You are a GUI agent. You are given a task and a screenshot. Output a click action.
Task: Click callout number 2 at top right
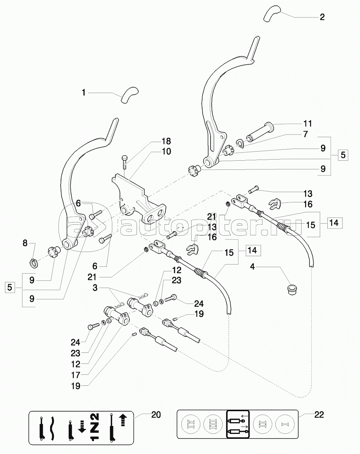click(322, 17)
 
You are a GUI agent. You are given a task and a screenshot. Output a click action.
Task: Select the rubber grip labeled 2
click(272, 13)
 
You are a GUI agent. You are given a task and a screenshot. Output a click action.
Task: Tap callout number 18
click(166, 141)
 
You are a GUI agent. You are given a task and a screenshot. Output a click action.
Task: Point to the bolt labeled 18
click(124, 163)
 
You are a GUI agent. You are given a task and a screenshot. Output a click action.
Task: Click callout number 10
click(166, 152)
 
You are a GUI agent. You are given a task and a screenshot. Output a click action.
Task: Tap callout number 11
click(308, 124)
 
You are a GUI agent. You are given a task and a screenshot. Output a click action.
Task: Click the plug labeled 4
click(291, 290)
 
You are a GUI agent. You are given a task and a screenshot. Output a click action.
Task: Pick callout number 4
click(253, 266)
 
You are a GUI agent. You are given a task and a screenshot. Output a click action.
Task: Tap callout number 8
click(25, 243)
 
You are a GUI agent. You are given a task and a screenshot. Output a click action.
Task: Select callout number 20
click(156, 415)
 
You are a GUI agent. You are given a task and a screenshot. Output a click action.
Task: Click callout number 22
click(319, 415)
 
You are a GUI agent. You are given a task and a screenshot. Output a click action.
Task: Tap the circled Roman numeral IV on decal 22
click(191, 424)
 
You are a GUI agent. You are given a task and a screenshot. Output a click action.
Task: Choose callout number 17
click(75, 375)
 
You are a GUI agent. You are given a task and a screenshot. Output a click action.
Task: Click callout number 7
click(305, 135)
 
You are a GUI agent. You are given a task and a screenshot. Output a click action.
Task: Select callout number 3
click(95, 288)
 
